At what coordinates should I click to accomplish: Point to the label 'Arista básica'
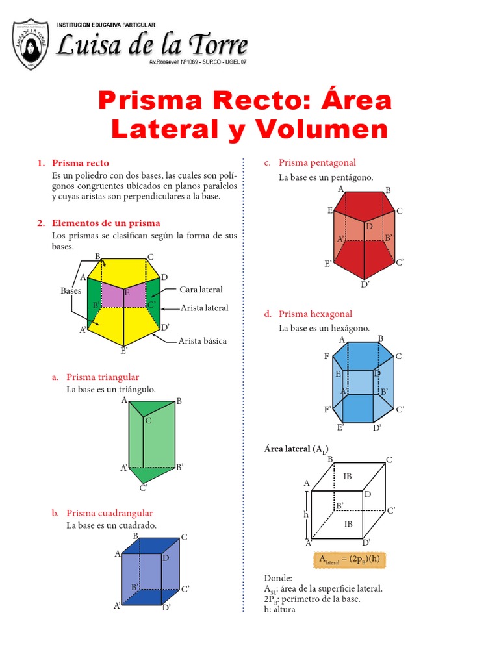203,340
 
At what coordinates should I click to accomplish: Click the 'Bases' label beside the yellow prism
71,291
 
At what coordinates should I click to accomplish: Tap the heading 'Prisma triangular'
103,377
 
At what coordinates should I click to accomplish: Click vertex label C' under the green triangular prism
144,488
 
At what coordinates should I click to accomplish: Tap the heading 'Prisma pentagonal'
317,162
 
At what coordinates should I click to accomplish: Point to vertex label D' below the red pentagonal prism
365,284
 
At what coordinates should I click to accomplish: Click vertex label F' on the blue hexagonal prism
328,408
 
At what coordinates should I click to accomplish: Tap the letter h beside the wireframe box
305,514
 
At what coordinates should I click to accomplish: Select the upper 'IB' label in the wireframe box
348,476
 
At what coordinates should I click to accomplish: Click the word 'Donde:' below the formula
278,578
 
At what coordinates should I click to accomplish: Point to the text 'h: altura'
279,609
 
